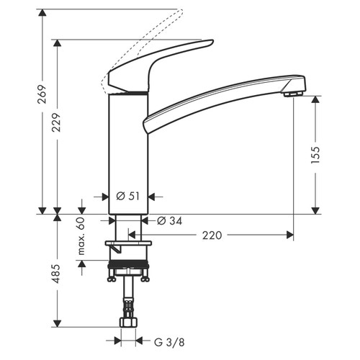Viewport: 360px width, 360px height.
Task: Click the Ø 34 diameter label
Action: (169, 221)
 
